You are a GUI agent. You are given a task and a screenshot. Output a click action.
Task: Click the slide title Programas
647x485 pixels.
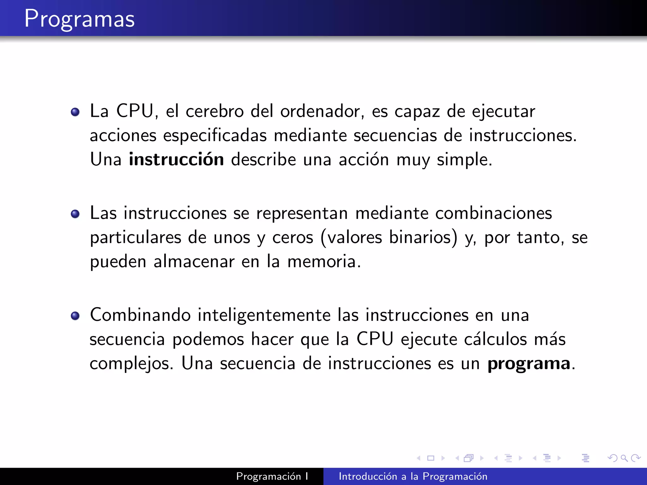tap(80, 19)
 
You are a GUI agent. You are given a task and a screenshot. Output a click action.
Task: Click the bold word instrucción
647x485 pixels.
tap(176, 159)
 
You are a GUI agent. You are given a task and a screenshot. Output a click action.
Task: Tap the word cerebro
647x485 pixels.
tap(215, 111)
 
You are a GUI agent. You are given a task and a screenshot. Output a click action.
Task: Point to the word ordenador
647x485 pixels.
tap(320, 111)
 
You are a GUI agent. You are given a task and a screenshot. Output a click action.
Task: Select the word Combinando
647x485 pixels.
tap(140, 315)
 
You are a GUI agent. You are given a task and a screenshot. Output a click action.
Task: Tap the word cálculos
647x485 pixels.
tap(495, 339)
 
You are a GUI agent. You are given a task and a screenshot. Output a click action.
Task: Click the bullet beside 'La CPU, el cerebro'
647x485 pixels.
tap(75, 112)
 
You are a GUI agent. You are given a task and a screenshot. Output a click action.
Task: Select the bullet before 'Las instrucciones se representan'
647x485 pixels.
tap(75, 214)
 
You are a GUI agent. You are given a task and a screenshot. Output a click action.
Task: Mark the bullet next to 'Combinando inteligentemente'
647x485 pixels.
tap(75, 316)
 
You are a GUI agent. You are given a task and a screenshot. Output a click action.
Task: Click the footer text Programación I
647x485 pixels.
tap(272, 476)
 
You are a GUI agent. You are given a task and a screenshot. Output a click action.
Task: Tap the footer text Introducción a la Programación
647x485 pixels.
tap(413, 476)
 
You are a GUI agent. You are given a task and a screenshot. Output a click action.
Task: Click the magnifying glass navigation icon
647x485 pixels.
tap(624, 458)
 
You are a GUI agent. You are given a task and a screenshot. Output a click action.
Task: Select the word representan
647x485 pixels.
tap(302, 213)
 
